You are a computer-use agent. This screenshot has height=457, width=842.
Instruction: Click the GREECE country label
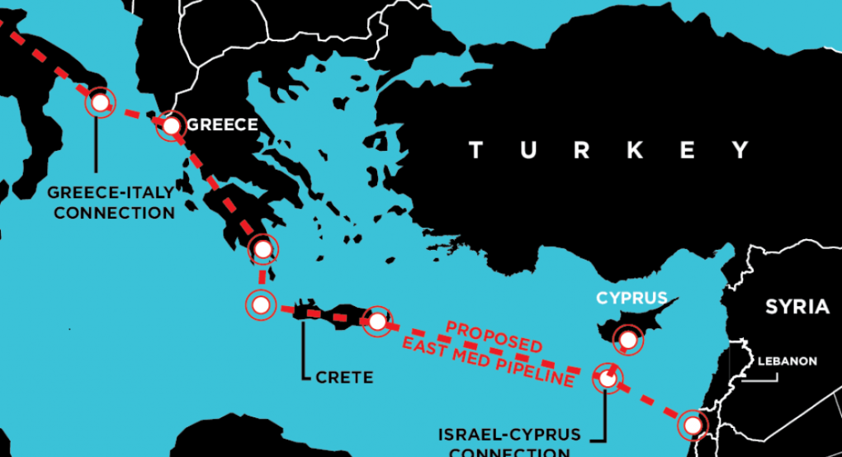[x=222, y=125]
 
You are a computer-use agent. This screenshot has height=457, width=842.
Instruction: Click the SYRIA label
[x=797, y=307]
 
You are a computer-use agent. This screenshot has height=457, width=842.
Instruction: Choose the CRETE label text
[x=344, y=378]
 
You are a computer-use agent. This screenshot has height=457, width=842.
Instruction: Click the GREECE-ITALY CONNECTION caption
[x=111, y=202]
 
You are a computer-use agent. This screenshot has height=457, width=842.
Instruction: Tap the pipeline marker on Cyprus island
[x=629, y=338]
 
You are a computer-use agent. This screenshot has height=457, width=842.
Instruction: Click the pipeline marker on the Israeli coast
[x=692, y=425]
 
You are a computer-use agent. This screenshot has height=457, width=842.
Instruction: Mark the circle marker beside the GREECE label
[x=171, y=125]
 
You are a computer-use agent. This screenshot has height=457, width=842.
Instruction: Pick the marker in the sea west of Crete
[x=261, y=305]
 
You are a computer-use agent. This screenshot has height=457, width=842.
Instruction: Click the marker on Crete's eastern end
[x=376, y=321]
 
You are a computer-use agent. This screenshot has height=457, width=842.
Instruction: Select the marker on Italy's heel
[x=99, y=103]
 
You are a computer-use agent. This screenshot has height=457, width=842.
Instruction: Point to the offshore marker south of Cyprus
[x=608, y=379]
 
